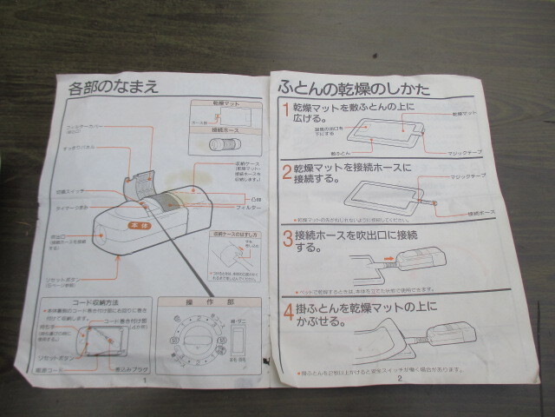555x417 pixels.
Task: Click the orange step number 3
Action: point(286,237)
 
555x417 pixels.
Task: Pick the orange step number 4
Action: point(287,309)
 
